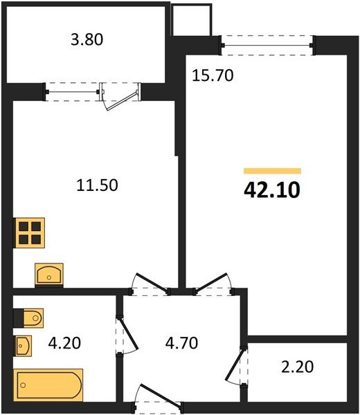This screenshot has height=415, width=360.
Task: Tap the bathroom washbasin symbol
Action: [x=24, y=344]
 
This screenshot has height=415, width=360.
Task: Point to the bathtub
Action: [x=48, y=381]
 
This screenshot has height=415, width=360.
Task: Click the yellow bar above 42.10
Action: [x=272, y=170]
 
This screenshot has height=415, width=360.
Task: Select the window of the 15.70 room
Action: [x=267, y=46]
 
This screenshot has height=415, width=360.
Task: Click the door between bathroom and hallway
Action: [x=120, y=332]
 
